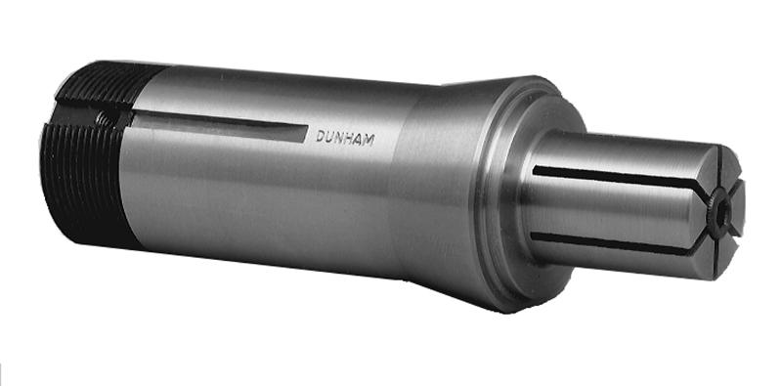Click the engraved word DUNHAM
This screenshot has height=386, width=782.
[345, 138]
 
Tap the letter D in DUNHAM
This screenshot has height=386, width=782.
[321, 136]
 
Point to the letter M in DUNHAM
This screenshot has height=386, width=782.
[369, 141]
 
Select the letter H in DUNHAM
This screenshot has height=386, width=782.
[348, 139]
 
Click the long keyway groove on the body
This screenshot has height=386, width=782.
[219, 126]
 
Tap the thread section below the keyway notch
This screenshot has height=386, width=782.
[82, 184]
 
